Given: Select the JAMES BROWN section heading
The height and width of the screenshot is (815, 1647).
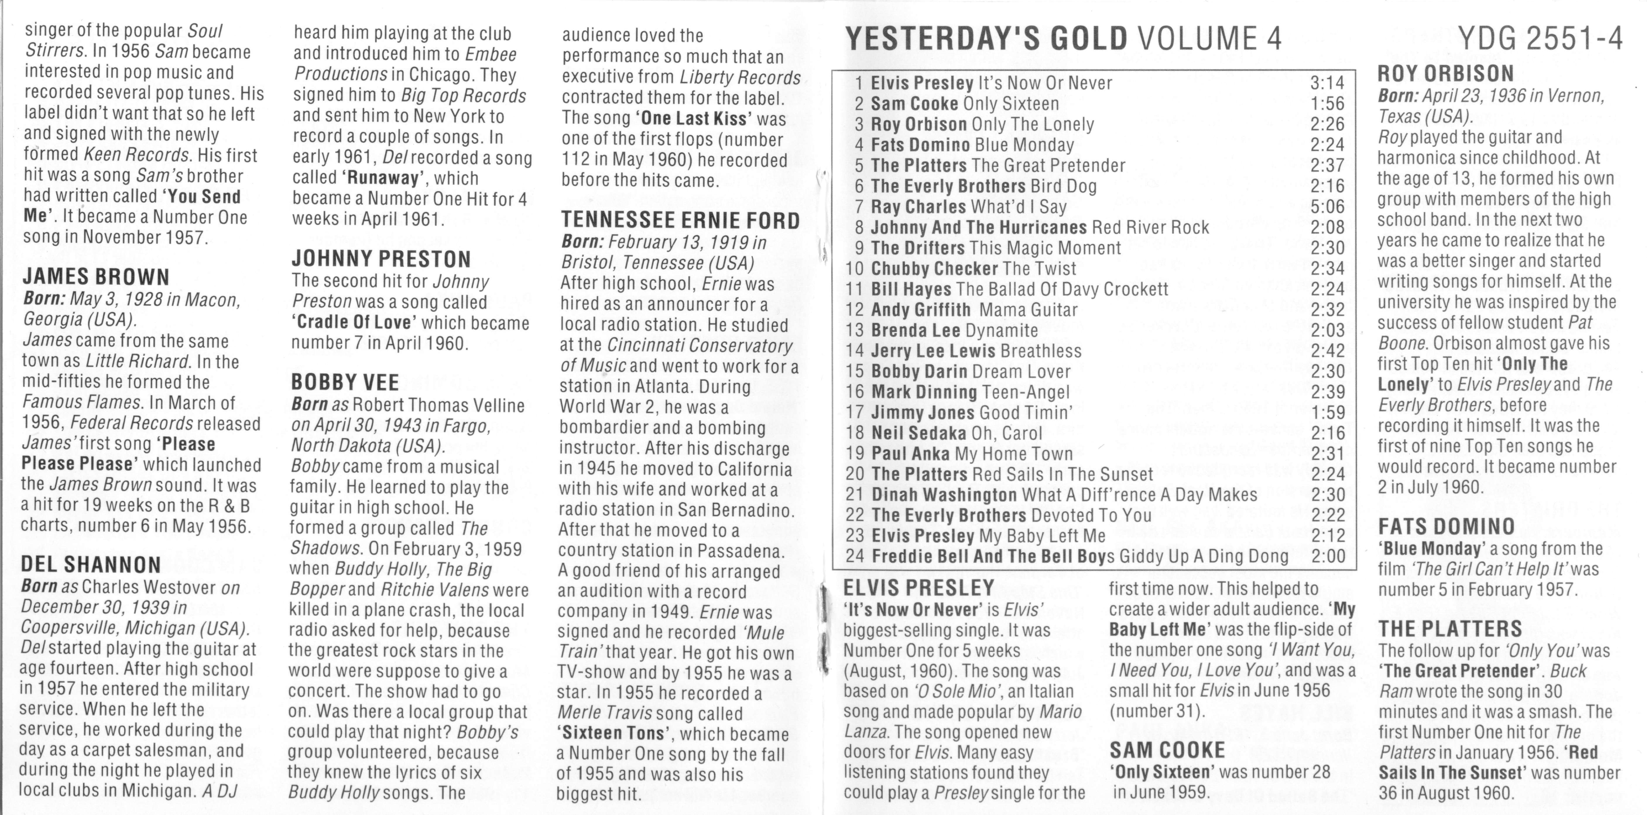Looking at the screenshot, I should pyautogui.click(x=96, y=277).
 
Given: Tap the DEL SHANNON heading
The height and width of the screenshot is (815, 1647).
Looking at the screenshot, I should pyautogui.click(x=91, y=564).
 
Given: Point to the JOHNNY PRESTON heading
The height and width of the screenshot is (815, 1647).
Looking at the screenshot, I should pyautogui.click(x=381, y=259).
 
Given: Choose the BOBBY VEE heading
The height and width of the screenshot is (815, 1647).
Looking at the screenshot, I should pyautogui.click(x=345, y=382).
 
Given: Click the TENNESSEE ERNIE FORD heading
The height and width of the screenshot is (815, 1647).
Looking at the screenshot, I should pyautogui.click(x=680, y=221).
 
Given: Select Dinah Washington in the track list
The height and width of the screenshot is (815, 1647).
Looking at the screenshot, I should pyautogui.click(x=944, y=495).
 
